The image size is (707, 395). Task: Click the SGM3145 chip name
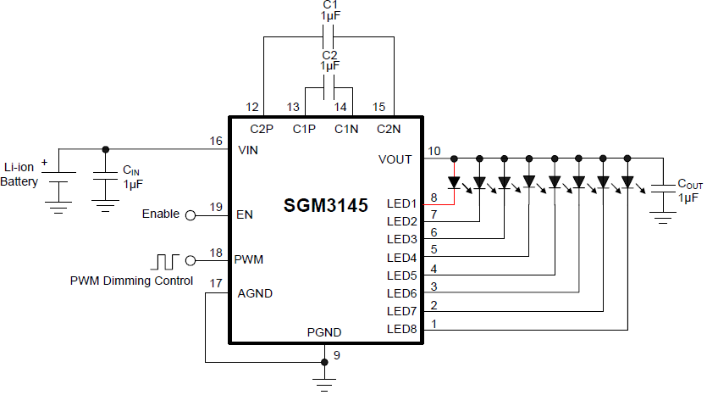coord(326,206)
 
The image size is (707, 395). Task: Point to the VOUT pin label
coord(395,159)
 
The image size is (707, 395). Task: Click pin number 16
coord(217,141)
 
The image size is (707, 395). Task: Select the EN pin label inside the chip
coord(245,214)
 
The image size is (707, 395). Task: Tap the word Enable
coord(161,214)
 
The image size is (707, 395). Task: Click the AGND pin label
coord(255,294)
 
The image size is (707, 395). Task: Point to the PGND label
coord(323,332)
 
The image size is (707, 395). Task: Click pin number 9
coord(337,355)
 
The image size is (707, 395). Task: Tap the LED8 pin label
coord(402,329)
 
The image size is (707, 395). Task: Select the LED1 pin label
coord(402,204)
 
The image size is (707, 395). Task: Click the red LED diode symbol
coord(455,181)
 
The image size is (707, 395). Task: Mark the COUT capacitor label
coord(690,184)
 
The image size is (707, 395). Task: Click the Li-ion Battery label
coord(19,175)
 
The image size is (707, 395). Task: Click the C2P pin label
coord(262,129)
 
